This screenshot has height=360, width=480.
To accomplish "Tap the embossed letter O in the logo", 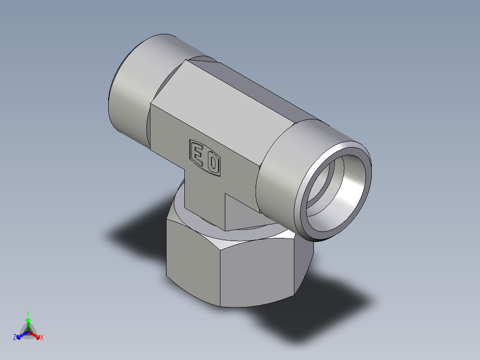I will [213, 164].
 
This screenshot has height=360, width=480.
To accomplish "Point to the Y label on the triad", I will [28, 313].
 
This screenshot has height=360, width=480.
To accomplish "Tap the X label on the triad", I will [42, 338].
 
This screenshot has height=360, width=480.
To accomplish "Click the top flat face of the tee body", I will [232, 102].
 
